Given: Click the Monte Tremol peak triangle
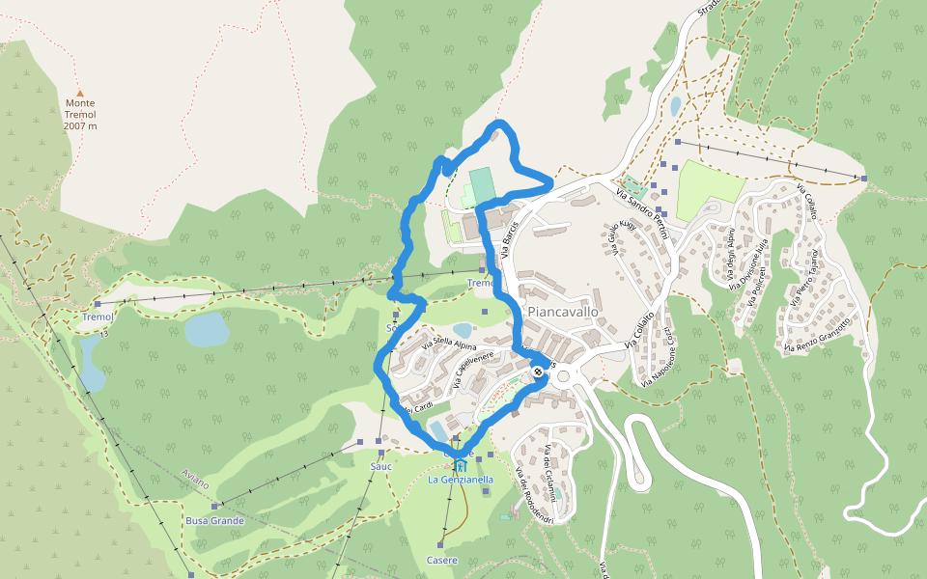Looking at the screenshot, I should click(80, 94).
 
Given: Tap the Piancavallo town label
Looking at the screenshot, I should click(563, 312).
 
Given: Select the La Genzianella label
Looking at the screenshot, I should click(461, 480).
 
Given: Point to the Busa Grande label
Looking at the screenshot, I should click(214, 521).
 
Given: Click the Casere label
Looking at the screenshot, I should click(441, 561).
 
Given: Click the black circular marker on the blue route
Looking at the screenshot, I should click(538, 372).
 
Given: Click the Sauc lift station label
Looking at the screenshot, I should click(380, 466).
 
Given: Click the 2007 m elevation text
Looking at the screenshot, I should click(80, 126).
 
